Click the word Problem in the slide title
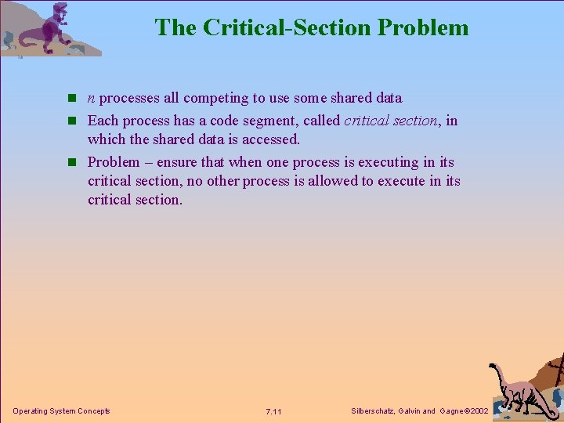tap(423, 27)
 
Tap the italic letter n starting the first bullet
tap(92, 99)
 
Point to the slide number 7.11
tap(274, 411)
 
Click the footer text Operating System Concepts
tap(62, 410)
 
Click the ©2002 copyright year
tap(475, 410)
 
